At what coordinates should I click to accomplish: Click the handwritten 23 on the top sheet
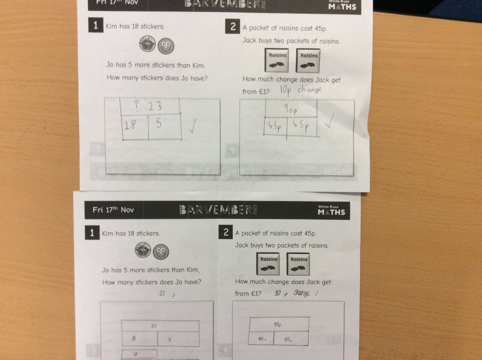(x=155, y=106)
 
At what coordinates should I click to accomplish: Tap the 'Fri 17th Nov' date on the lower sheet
(x=113, y=210)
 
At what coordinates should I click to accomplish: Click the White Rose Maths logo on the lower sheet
(x=331, y=210)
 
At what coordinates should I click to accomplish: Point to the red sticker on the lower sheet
(x=143, y=251)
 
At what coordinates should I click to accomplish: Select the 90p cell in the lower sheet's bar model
(x=279, y=324)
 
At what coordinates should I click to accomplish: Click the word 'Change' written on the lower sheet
(x=302, y=293)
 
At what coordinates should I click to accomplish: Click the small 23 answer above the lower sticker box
(x=162, y=294)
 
